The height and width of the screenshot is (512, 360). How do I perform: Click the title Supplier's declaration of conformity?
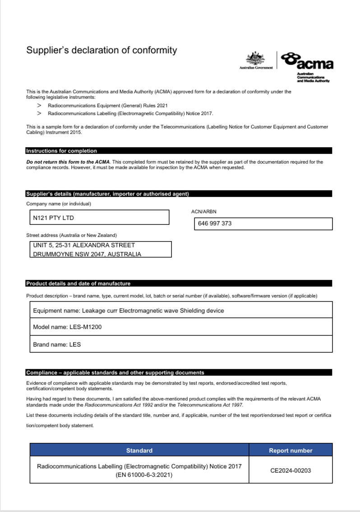(x=102, y=50)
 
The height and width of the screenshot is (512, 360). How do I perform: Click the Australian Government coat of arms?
(x=255, y=59)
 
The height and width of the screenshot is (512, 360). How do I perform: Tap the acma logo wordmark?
(x=308, y=61)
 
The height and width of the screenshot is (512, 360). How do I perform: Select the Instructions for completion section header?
(x=61, y=151)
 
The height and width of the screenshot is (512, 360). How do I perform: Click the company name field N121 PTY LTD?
(x=53, y=218)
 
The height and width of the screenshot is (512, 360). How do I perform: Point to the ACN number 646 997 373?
(x=215, y=223)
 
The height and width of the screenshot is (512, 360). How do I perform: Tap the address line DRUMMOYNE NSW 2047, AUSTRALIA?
(x=87, y=254)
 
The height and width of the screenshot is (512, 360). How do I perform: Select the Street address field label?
(x=71, y=235)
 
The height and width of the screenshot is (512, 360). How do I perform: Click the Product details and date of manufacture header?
(x=78, y=284)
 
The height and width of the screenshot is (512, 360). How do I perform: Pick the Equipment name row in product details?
(x=128, y=311)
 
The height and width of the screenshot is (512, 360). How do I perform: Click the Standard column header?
(x=139, y=450)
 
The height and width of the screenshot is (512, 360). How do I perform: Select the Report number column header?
(x=291, y=450)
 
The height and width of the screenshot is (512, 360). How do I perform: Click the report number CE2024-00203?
(x=291, y=470)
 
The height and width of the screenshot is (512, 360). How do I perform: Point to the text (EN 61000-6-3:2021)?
(x=139, y=475)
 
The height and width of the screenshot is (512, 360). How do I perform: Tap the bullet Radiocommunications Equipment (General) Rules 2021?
(x=108, y=105)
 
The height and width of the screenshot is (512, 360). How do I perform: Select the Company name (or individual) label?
(x=59, y=204)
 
